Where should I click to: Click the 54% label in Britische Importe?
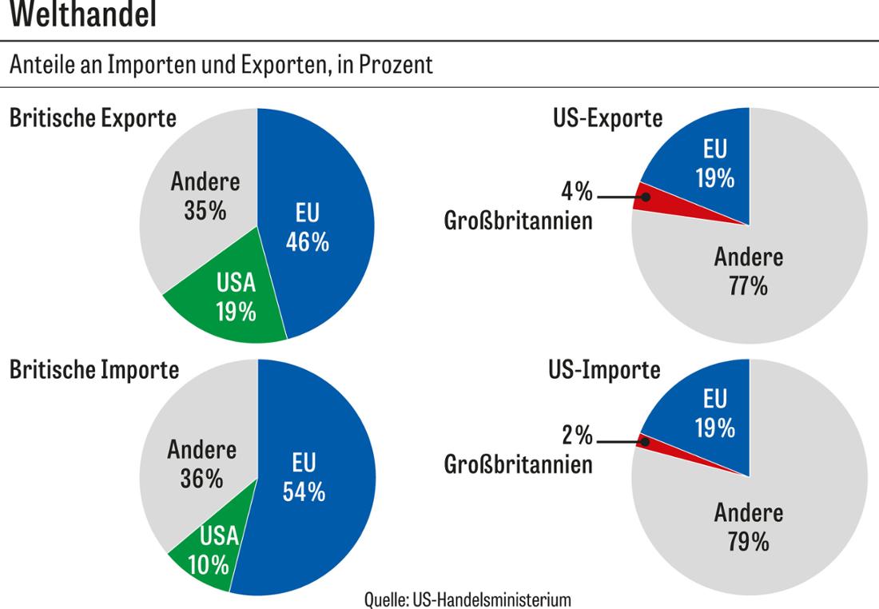coord(304,493)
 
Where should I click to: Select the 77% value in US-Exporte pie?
coord(748,286)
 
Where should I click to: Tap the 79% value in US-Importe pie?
coord(748,542)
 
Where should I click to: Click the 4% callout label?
coord(576,193)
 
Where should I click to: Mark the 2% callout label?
coord(576,436)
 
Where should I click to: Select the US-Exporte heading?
coord(607,118)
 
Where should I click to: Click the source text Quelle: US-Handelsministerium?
coord(467,599)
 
